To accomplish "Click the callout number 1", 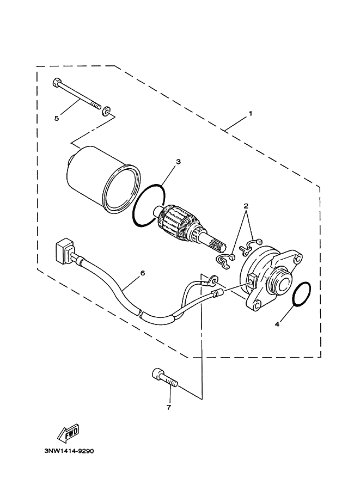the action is [x=250, y=113].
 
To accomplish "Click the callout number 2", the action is [x=246, y=206].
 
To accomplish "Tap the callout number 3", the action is [x=179, y=162].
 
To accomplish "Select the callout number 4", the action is [x=277, y=324].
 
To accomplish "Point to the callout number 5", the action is [x=57, y=119].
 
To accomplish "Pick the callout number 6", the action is [x=142, y=273].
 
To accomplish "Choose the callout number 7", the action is [x=168, y=408].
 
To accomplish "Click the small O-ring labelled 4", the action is [x=301, y=294].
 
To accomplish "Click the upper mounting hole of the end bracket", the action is [x=297, y=259].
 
